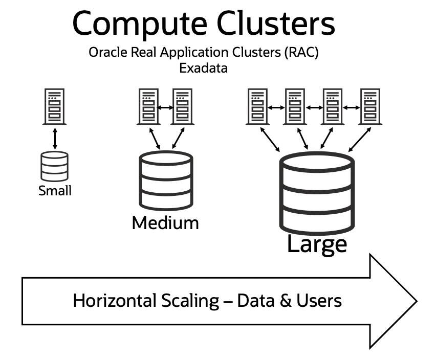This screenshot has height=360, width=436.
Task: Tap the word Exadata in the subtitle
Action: pos(203,67)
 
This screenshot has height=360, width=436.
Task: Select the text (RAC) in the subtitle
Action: pos(301,53)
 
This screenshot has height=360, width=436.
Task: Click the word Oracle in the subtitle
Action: pos(105,53)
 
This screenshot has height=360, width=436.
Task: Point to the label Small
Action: pos(55,191)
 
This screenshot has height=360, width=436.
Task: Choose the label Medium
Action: pos(165,223)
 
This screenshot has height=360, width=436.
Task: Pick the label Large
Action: pos(317,244)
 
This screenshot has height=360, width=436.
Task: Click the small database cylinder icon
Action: pos(54,166)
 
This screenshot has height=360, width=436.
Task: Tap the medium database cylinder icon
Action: pos(166,180)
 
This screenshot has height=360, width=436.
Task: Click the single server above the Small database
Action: pos(54,106)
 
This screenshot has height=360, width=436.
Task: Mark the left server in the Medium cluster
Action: pos(148,106)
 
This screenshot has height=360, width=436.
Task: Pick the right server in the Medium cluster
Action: pos(182,106)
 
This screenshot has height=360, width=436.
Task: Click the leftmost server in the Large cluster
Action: pos(257,106)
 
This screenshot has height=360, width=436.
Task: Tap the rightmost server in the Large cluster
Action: pos(370,106)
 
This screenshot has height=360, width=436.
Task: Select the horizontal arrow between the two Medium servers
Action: pos(165,107)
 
